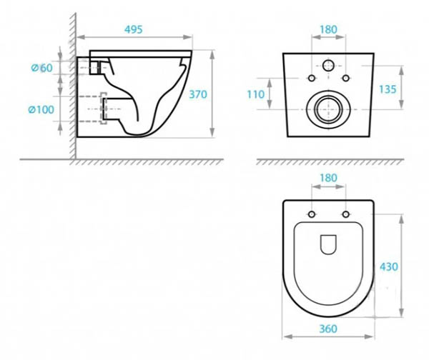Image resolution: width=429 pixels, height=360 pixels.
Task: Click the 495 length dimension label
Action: (134, 29)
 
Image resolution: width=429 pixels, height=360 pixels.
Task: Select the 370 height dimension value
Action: (198, 94)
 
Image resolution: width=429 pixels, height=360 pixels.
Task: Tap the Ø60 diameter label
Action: (41, 68)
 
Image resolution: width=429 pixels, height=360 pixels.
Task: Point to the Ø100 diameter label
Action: (41, 110)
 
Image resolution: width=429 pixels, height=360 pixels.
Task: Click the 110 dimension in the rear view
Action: (256, 94)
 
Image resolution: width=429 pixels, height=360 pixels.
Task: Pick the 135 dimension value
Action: (388, 89)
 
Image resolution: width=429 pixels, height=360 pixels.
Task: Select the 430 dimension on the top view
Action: (389, 267)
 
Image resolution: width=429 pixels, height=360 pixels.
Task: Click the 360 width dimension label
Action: (328, 329)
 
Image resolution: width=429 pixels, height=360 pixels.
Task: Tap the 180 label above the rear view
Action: (328, 29)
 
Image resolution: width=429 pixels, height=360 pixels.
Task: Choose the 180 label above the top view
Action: (328, 178)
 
